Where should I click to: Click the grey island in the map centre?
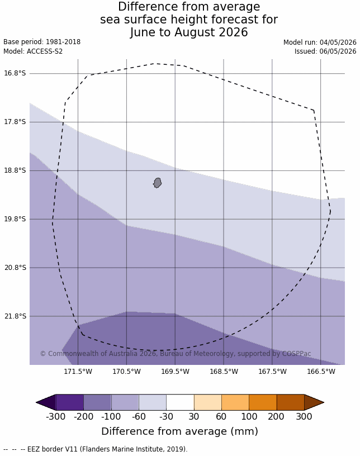coord(157,183)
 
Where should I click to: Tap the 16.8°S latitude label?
coord(15,73)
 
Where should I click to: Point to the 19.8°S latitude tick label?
coord(15,218)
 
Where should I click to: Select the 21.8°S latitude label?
coord(15,316)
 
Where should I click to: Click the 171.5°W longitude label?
coord(78,372)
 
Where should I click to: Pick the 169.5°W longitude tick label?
coord(175,372)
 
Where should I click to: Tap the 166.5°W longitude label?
coord(321,372)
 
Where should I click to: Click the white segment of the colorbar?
coord(180,402)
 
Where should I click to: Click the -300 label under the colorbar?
coord(55,416)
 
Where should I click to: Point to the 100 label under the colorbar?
coord(249,416)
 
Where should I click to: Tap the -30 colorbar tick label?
coord(166,416)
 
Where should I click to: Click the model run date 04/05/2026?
coord(338,42)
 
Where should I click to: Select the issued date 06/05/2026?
coord(338,51)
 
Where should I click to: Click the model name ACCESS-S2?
coord(45,51)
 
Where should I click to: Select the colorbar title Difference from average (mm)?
coord(179,431)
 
